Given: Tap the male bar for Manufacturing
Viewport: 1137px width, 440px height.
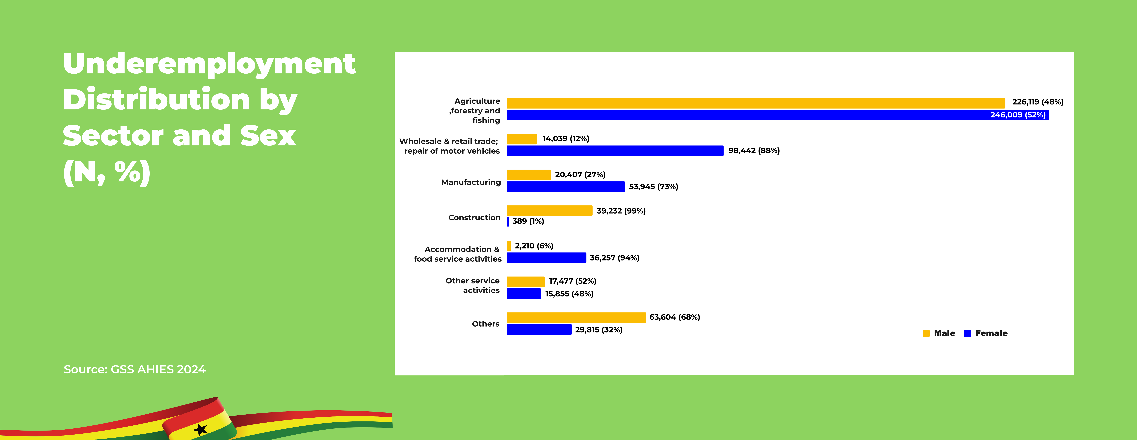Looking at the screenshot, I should [x=528, y=175].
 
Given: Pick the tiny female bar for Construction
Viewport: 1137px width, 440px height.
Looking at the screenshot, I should [x=508, y=222].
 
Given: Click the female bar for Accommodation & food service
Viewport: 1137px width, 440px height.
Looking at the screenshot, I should [x=546, y=258].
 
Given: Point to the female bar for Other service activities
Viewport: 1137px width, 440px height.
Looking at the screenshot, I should [x=523, y=293].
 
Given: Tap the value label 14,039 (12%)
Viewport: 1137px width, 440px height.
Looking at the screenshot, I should [x=565, y=139].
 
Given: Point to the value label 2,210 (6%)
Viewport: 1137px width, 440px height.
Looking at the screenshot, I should [x=534, y=246].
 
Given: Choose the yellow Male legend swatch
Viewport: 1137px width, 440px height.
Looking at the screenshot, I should [x=926, y=333].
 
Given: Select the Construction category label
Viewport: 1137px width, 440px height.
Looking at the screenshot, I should [x=474, y=218].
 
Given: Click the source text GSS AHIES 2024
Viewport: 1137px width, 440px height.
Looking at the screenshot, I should [x=158, y=369].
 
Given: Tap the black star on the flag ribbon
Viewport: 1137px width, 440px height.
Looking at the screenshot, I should [x=200, y=429].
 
